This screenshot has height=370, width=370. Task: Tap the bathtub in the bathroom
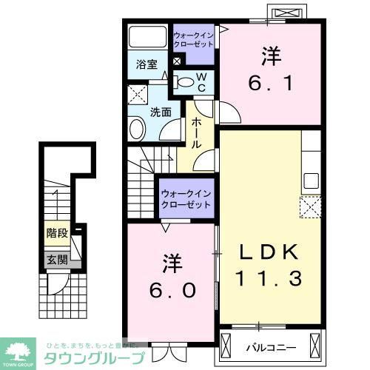pos(147,37)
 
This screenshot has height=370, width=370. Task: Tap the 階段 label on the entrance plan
pos(57,233)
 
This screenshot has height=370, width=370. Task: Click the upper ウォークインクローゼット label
pos(193,38)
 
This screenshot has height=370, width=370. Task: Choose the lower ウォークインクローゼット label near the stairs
pos(186,198)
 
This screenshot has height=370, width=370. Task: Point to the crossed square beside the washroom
pos(137,95)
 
